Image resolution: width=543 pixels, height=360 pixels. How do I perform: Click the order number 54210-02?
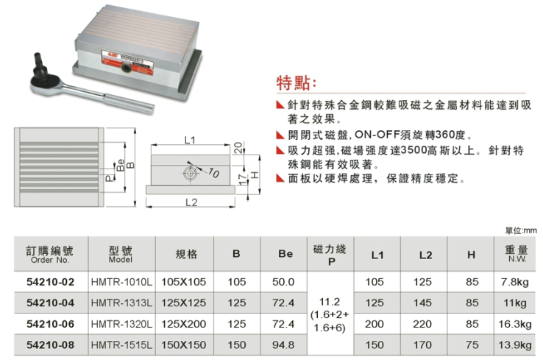51,282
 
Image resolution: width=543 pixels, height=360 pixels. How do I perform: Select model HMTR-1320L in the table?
121,324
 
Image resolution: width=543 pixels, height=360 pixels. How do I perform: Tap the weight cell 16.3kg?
515,324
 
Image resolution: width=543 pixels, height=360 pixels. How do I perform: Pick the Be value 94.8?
283,345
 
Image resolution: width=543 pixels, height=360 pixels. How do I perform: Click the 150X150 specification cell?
184,345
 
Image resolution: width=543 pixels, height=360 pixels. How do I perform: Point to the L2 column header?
425,255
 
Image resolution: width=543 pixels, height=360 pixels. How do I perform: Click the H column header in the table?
471,255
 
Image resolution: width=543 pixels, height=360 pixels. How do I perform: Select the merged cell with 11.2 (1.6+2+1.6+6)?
330,314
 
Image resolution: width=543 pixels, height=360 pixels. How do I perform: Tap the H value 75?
472,345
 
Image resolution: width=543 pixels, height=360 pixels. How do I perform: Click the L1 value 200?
375,324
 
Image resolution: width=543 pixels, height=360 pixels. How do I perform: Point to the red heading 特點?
296,83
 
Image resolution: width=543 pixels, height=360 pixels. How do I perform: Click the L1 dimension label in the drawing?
190,140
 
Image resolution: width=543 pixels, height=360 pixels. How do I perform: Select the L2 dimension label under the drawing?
191,202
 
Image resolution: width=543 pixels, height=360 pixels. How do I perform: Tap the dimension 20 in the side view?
238,147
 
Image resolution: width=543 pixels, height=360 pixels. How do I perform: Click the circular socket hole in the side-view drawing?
189,173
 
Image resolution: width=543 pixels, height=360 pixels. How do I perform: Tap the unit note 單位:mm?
521,230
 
